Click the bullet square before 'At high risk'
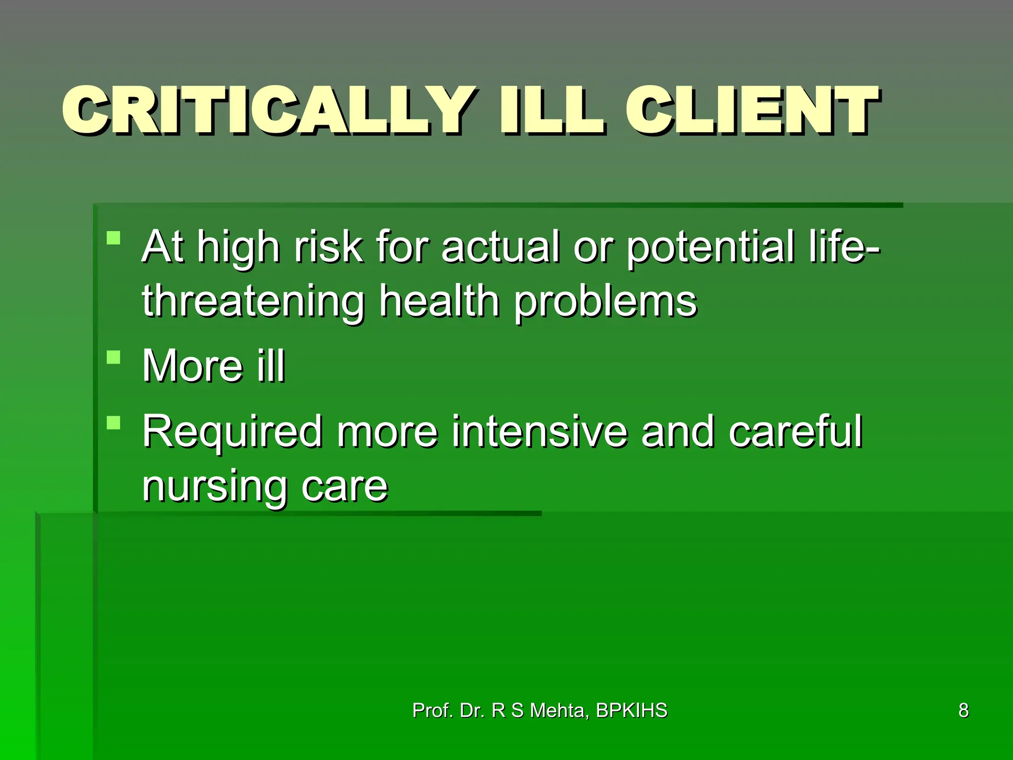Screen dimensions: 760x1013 [114, 238]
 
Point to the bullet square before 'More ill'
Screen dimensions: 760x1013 [114, 357]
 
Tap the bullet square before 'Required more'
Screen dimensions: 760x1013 [114, 423]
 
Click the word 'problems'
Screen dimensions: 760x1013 [605, 302]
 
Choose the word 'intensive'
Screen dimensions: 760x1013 [539, 431]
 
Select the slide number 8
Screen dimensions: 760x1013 [964, 711]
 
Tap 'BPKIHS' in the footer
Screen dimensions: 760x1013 [632, 711]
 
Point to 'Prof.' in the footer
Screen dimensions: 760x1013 [433, 711]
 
